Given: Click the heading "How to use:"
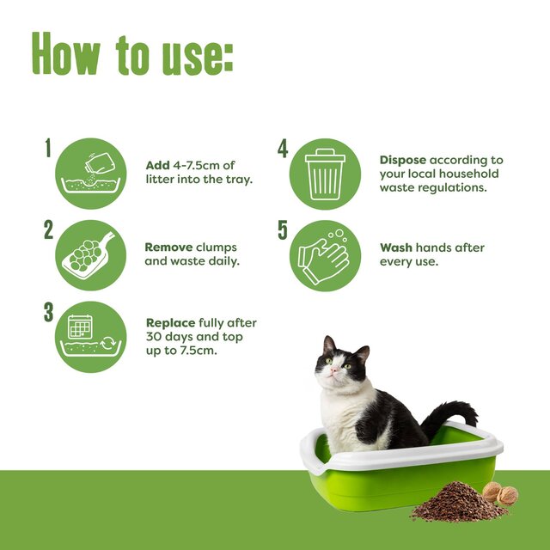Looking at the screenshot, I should coord(132,55).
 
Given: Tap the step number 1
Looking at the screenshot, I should coord(49,149).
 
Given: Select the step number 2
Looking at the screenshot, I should coord(49,229).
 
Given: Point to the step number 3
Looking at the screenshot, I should coord(49,312).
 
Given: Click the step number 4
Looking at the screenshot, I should coord(283,149).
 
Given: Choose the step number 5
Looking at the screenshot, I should coord(283,229).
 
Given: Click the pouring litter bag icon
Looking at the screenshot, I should coord(91,174).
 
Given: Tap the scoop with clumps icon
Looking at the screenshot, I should coord(91,254).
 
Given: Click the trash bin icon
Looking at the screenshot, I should coord(324,174).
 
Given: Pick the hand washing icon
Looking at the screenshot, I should coord(324,254).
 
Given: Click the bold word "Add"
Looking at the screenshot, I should coord(157,165).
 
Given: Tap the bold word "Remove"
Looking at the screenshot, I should coord(169,247).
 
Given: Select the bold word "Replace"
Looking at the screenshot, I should coord(170,323).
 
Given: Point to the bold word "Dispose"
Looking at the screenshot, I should coord(403,160).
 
